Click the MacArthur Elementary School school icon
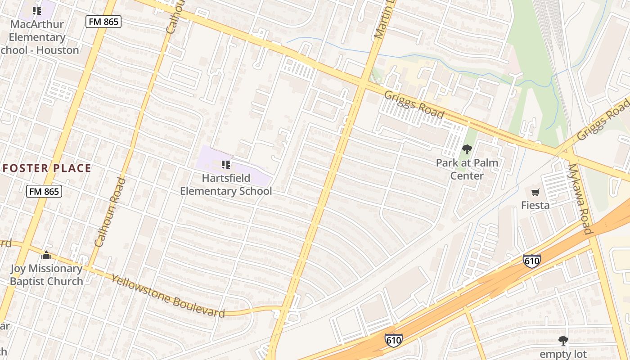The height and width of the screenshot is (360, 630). click(x=37, y=10)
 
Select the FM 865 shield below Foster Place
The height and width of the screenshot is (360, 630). click(x=44, y=191)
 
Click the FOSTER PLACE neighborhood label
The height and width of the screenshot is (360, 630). click(x=47, y=169)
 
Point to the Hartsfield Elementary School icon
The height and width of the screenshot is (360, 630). click(x=226, y=165)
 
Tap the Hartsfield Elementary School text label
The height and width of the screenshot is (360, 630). click(x=226, y=184)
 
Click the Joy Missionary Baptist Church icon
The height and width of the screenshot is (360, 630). click(x=46, y=256)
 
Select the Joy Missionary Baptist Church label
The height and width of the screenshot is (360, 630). click(x=46, y=275)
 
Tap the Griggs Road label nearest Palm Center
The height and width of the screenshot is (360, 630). click(x=414, y=104)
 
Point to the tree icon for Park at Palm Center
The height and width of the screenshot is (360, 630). click(x=467, y=149)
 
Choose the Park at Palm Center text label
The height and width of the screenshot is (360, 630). click(x=467, y=169)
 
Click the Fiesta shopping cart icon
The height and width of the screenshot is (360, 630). click(x=535, y=193)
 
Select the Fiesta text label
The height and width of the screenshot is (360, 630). click(x=535, y=205)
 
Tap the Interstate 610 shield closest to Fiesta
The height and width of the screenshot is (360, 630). click(x=531, y=261)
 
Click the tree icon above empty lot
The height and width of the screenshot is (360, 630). click(x=562, y=340)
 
